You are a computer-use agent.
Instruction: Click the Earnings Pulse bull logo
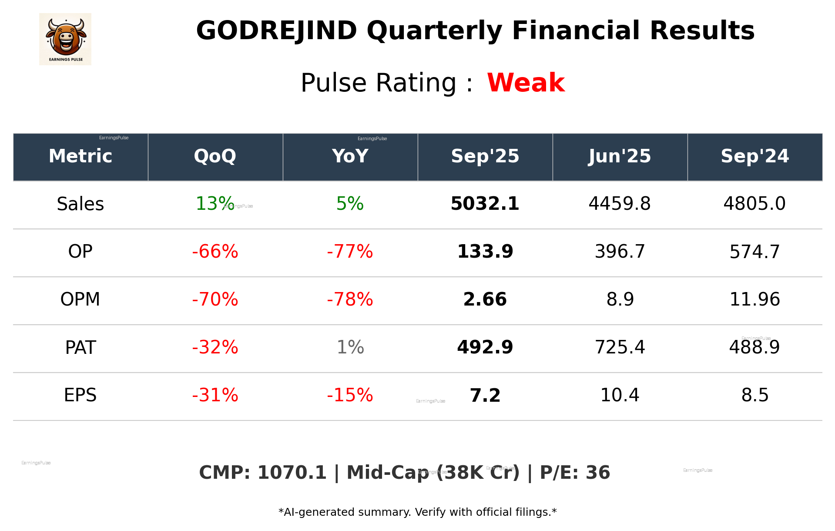tap(65, 39)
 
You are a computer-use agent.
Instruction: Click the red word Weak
tap(526, 83)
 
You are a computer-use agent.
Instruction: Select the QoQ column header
tap(215, 156)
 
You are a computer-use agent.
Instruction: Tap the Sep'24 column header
tap(755, 156)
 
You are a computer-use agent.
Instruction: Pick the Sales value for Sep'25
tap(485, 204)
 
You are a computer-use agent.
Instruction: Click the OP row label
tap(80, 252)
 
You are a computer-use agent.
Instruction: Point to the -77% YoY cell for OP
tap(350, 252)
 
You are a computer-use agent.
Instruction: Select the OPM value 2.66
tap(485, 299)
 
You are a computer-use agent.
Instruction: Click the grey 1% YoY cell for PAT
tap(350, 347)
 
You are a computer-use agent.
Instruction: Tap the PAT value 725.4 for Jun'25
tap(620, 347)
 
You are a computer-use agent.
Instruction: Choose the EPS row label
tap(80, 395)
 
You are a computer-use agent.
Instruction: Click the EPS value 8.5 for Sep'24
tap(755, 395)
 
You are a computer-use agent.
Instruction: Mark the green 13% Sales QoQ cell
tap(214, 204)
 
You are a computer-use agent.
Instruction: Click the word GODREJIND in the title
tap(276, 31)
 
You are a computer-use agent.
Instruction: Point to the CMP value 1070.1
tap(292, 473)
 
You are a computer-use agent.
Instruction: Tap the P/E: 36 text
tap(574, 473)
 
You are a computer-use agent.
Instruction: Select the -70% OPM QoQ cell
tap(215, 299)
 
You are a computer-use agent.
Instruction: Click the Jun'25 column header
tap(620, 156)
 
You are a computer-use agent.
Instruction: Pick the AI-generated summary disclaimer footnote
tap(417, 512)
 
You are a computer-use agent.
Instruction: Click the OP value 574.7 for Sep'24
tap(755, 252)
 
